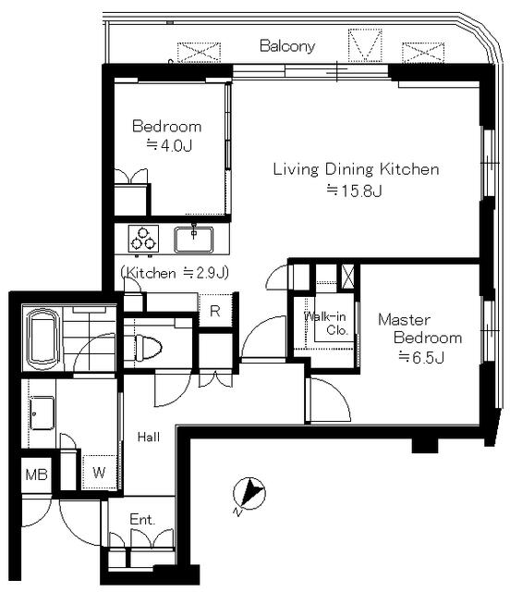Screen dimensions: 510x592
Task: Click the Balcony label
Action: pyautogui.click(x=287, y=46)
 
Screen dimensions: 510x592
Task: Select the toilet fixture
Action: pyautogui.click(x=148, y=347)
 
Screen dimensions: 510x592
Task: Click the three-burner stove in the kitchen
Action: pyautogui.click(x=143, y=239)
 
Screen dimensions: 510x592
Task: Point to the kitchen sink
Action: pyautogui.click(x=193, y=240)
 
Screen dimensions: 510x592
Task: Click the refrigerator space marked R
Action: pyautogui.click(x=215, y=311)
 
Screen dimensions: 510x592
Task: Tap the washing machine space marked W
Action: pyautogui.click(x=99, y=473)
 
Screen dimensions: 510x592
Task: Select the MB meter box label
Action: pyautogui.click(x=36, y=475)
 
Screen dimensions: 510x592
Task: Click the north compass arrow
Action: pyautogui.click(x=249, y=493)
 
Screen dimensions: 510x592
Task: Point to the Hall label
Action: pyautogui.click(x=149, y=438)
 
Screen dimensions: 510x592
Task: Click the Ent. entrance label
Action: pyautogui.click(x=142, y=520)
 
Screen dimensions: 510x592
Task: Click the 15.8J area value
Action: pyautogui.click(x=355, y=191)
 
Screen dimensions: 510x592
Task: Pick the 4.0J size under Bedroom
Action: pyautogui.click(x=169, y=145)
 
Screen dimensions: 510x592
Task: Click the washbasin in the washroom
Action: pyautogui.click(x=42, y=413)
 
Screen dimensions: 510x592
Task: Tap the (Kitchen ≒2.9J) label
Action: pyautogui.click(x=175, y=273)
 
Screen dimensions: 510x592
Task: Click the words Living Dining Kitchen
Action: pyautogui.click(x=356, y=169)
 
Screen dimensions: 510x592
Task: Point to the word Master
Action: pyautogui.click(x=404, y=320)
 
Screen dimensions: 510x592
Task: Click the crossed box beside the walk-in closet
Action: pyautogui.click(x=347, y=277)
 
